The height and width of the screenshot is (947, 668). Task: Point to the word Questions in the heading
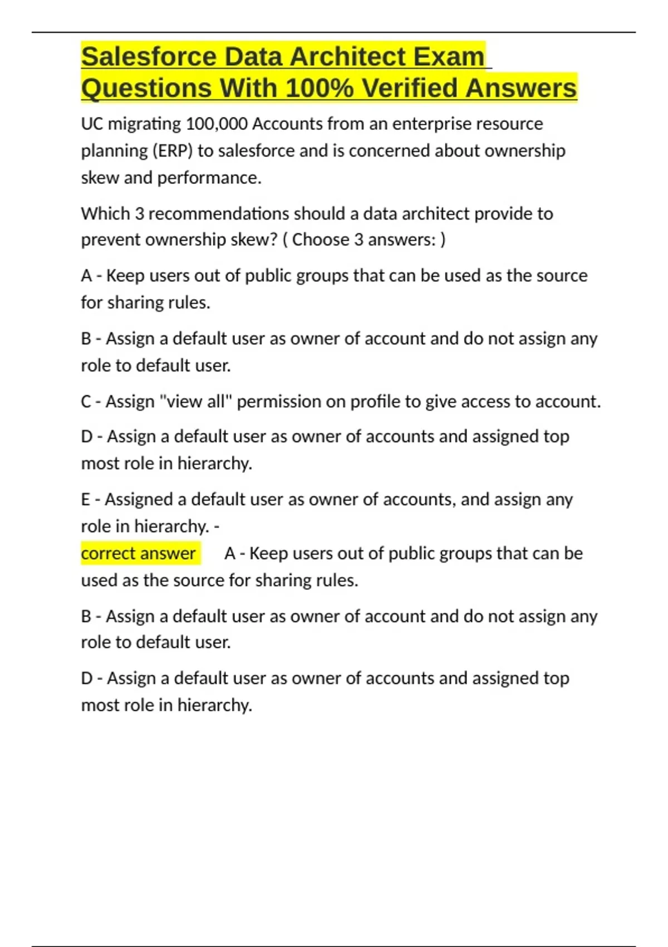click(x=146, y=88)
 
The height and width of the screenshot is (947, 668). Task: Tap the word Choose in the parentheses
click(x=321, y=240)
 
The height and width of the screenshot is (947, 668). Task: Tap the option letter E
click(x=86, y=500)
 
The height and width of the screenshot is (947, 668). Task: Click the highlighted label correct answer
click(x=139, y=554)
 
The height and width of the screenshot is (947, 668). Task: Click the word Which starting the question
click(x=105, y=214)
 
